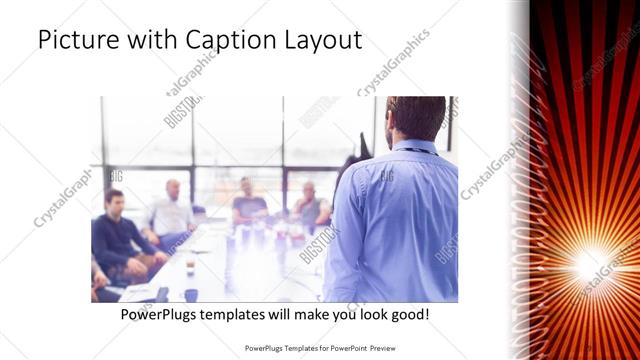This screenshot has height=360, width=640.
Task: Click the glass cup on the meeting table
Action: tap(190, 267)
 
